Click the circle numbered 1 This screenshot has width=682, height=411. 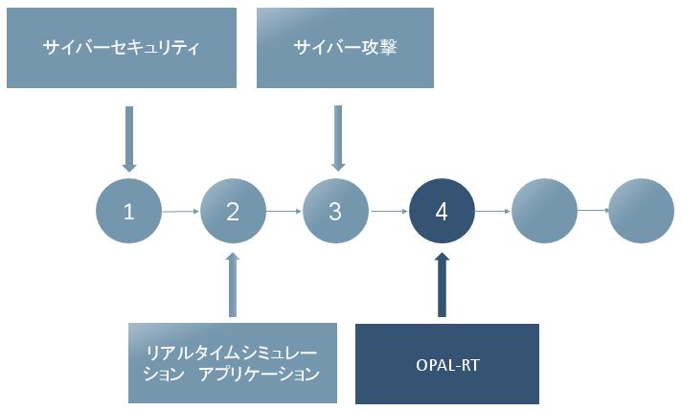(128, 211)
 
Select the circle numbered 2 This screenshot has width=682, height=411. (233, 211)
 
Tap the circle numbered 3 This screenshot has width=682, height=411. (335, 211)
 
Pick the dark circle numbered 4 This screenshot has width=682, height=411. (442, 211)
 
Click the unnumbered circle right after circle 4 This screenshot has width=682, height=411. (544, 211)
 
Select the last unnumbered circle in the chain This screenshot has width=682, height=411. (641, 211)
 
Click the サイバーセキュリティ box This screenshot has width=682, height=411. (122, 48)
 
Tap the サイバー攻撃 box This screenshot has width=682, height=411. (346, 48)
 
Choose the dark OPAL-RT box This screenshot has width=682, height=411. (447, 364)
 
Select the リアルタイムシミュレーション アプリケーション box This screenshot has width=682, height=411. (233, 363)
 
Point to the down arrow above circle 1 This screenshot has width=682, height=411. (129, 139)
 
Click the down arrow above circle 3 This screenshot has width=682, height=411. (338, 138)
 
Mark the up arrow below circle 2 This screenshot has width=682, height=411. (233, 285)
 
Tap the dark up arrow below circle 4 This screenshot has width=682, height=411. (442, 285)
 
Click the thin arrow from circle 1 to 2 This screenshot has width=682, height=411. (180, 212)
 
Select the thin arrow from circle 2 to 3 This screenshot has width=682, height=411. (284, 212)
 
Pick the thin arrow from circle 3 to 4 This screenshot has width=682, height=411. (389, 212)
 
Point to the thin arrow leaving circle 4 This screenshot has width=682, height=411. (492, 212)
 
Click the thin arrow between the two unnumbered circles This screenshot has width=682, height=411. (593, 211)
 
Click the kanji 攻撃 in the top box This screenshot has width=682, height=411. (379, 47)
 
